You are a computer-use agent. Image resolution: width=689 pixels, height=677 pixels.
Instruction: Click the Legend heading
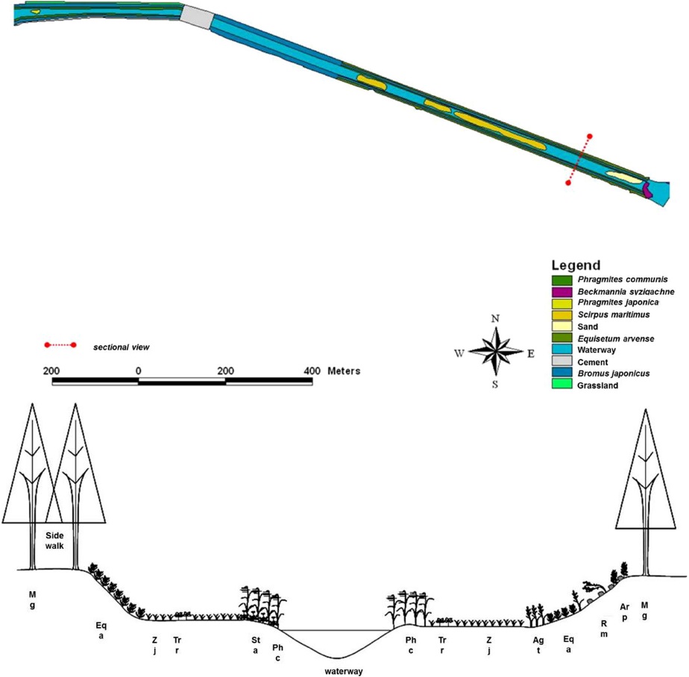pos(576,265)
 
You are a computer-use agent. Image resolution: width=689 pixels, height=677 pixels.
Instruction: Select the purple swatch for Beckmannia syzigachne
pos(560,292)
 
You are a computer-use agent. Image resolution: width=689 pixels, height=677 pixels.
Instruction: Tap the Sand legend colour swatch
pos(560,327)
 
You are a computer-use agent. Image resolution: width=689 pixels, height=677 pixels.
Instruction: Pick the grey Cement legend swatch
pos(560,362)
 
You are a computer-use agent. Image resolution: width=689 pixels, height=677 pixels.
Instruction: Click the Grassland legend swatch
pos(560,385)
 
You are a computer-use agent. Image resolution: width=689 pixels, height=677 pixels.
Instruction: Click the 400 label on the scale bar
pos(312,371)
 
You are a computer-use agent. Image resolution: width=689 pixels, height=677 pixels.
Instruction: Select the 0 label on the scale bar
pos(138,371)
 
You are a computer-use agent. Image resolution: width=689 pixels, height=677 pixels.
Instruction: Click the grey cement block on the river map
pos(196,16)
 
